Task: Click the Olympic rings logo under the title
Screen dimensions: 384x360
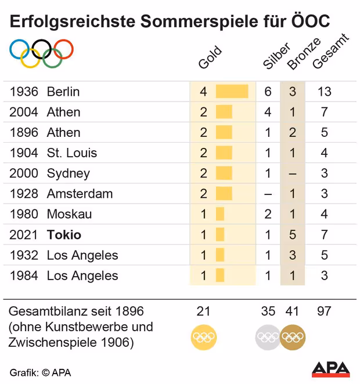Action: point(41,52)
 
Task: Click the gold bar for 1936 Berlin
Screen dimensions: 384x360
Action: point(232,92)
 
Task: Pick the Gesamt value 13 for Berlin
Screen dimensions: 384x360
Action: point(324,92)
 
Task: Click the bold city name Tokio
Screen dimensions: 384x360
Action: point(64,235)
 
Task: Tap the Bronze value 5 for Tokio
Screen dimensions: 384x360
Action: point(293,235)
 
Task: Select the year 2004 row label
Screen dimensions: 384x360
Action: point(24,112)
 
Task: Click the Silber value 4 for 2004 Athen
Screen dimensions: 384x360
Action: point(268,112)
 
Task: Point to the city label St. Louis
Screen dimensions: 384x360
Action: point(72,153)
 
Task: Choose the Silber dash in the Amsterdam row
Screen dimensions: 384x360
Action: point(268,194)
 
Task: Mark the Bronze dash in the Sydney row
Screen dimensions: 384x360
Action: point(293,173)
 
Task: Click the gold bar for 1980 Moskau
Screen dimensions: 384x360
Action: point(220,214)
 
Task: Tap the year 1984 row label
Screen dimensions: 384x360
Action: point(24,276)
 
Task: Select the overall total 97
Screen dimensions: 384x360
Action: point(324,311)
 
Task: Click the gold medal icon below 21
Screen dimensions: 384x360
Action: point(203,336)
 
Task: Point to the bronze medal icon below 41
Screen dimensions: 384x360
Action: point(292,336)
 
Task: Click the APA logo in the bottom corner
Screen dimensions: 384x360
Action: point(331,369)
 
